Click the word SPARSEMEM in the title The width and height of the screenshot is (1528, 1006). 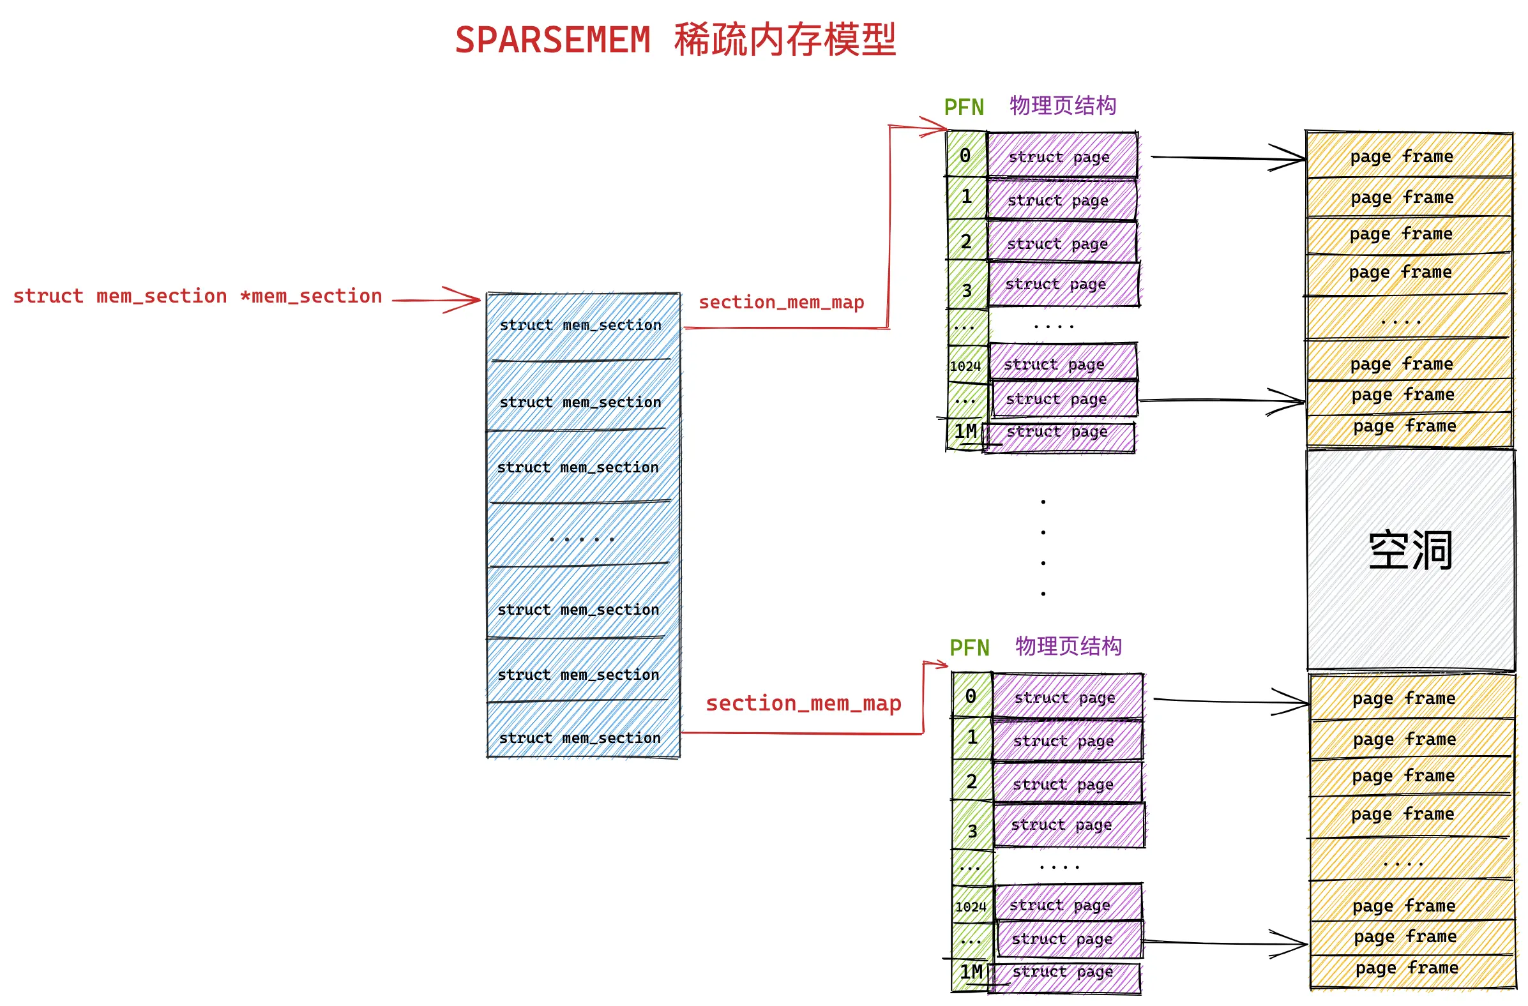tap(552, 40)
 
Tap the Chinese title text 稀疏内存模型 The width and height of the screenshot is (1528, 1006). tap(785, 40)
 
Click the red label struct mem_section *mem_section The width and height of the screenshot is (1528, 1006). tap(197, 297)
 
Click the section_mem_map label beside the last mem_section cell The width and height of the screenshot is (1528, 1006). tap(803, 703)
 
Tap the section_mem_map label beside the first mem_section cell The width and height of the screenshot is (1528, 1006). tap(782, 303)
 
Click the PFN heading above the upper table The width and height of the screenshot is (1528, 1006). tap(963, 107)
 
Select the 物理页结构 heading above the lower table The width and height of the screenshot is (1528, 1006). tap(1068, 647)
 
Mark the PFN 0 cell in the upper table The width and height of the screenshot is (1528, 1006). tap(965, 155)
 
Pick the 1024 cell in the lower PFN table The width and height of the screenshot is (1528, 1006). tap(970, 907)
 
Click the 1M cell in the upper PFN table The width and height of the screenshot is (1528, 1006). tap(965, 432)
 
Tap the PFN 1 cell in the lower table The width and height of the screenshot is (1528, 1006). tap(972, 738)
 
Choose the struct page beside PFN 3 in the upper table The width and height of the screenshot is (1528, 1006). tap(1063, 285)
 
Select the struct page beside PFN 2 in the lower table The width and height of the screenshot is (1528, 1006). tap(1067, 783)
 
